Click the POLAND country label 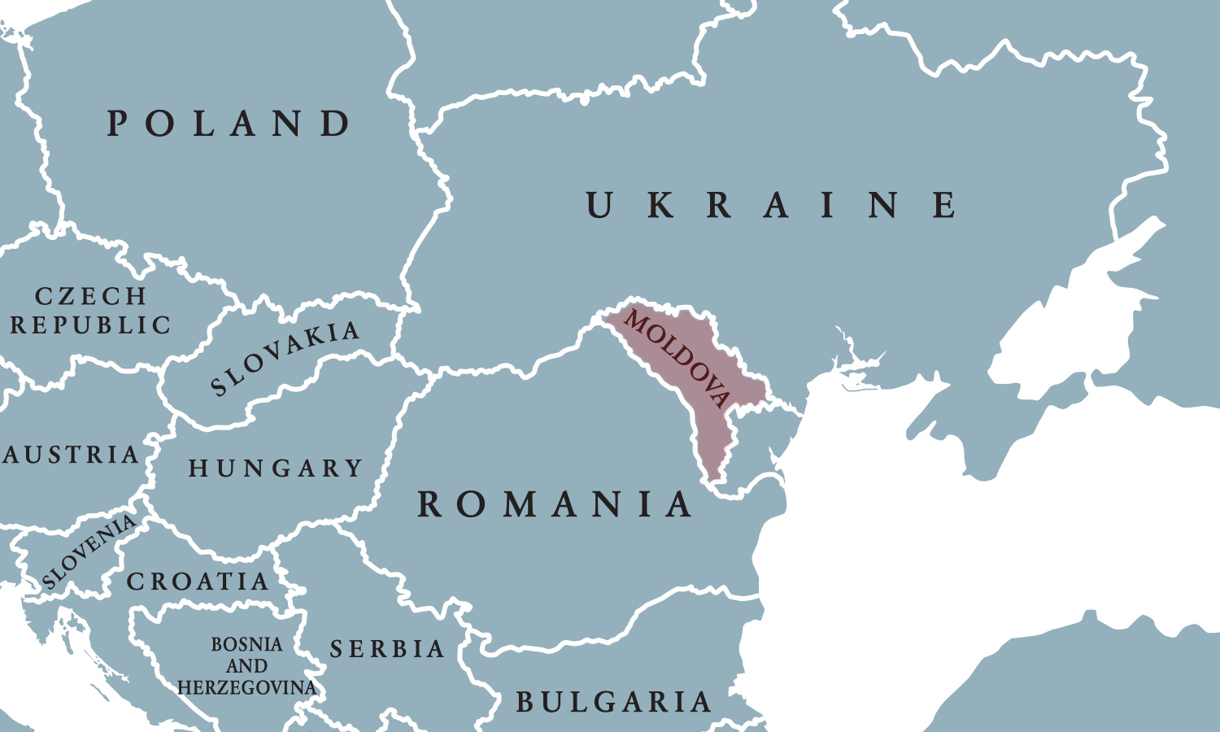pos(229,124)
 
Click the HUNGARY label pos(276,468)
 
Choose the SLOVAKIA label pos(285,357)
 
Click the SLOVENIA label pos(89,551)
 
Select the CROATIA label pos(198,582)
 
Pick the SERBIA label pos(387,649)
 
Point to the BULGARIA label pos(613,702)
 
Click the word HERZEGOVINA pos(246,688)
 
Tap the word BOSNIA pos(246,645)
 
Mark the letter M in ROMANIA pos(520,504)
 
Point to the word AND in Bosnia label pos(246,667)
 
